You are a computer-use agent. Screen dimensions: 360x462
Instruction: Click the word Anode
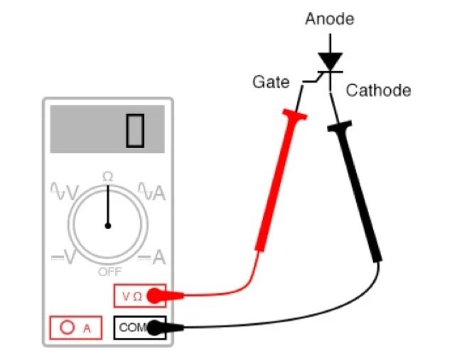coord(328,18)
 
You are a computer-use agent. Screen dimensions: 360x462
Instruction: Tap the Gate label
coord(271,83)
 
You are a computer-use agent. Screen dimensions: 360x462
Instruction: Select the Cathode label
coord(378,90)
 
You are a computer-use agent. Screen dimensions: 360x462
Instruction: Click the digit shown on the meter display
coord(135,130)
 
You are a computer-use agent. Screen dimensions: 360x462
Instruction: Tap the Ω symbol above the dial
coord(108,176)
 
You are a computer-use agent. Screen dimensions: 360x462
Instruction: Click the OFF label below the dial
coord(109,272)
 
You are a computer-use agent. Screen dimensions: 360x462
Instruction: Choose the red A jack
coord(75,328)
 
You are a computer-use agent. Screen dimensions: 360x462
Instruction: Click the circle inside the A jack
coord(68,328)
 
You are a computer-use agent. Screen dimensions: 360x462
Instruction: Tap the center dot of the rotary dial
coord(108,226)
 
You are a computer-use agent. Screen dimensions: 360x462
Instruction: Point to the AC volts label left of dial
coord(64,191)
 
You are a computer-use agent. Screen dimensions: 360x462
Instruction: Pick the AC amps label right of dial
coord(152,191)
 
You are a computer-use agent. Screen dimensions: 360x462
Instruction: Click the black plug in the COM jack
coord(165,328)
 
